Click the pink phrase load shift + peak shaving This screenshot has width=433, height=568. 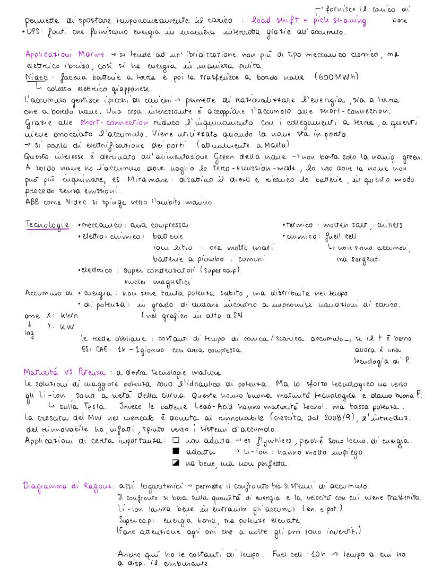pyautogui.click(x=309, y=21)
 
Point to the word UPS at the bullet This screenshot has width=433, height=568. pyautogui.click(x=34, y=32)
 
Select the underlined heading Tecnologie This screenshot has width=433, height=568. pyautogui.click(x=47, y=226)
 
